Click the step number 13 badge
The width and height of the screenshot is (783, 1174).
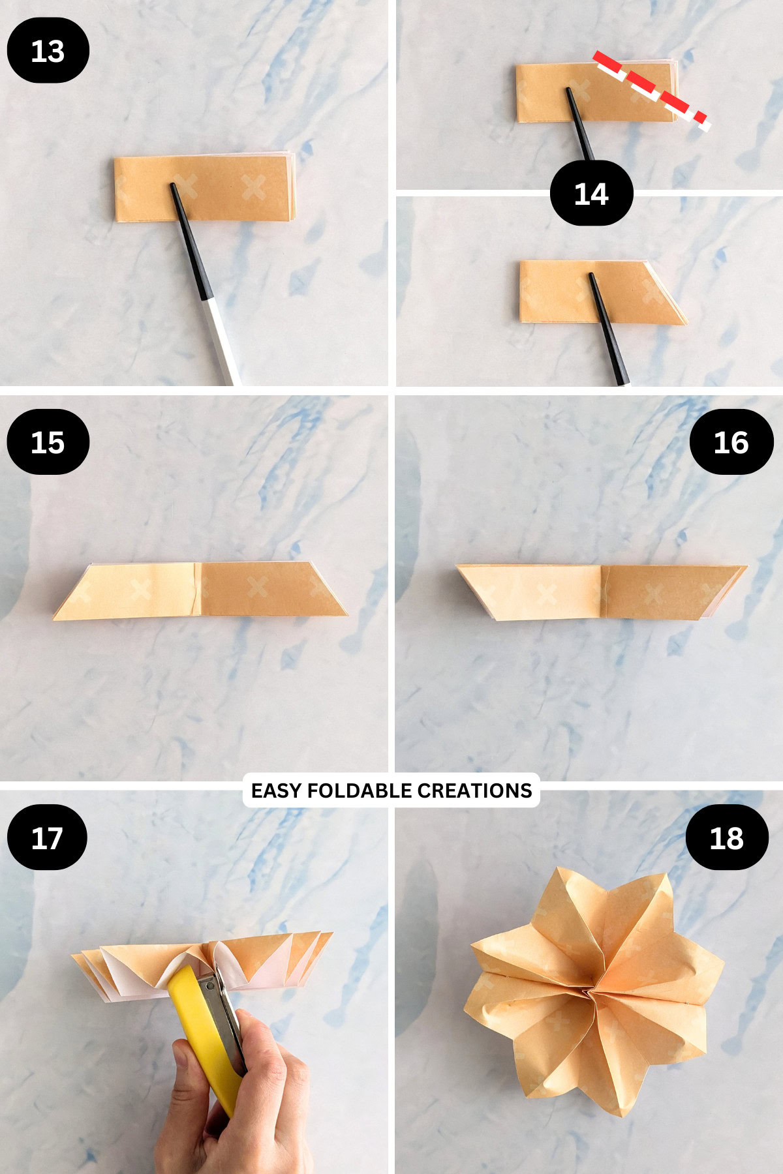(x=48, y=50)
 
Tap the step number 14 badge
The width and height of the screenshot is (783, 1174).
(x=591, y=194)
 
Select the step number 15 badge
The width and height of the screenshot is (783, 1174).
(x=48, y=442)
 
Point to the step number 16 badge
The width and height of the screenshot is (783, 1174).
(x=731, y=442)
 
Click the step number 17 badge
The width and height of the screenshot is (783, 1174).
(x=47, y=837)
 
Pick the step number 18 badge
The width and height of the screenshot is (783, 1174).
(x=726, y=837)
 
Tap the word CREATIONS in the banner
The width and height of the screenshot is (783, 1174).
(x=474, y=790)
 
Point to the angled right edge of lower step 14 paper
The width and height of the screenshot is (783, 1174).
(x=667, y=293)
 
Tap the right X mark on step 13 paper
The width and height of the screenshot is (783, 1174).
(x=254, y=187)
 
